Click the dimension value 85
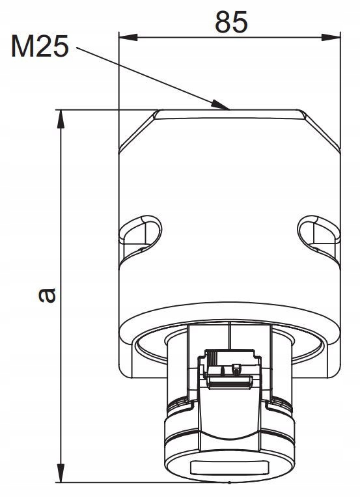231,22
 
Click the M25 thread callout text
40,46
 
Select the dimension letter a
47,295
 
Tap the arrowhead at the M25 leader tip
220,105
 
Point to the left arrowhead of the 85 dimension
128,37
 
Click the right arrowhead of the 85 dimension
331,37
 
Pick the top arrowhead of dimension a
61,119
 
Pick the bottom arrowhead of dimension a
61,473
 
